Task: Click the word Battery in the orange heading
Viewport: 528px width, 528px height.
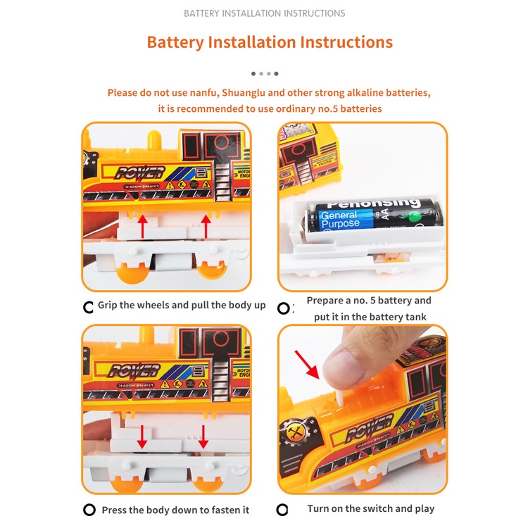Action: [x=175, y=42]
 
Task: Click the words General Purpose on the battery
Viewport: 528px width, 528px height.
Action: [x=341, y=220]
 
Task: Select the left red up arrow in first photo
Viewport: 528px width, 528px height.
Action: [x=142, y=225]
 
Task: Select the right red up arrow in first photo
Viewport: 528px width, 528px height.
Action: [x=206, y=225]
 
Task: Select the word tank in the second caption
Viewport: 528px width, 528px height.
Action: [x=416, y=317]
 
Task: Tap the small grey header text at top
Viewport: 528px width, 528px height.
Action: [x=264, y=13]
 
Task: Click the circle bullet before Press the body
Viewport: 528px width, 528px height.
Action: [x=89, y=510]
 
